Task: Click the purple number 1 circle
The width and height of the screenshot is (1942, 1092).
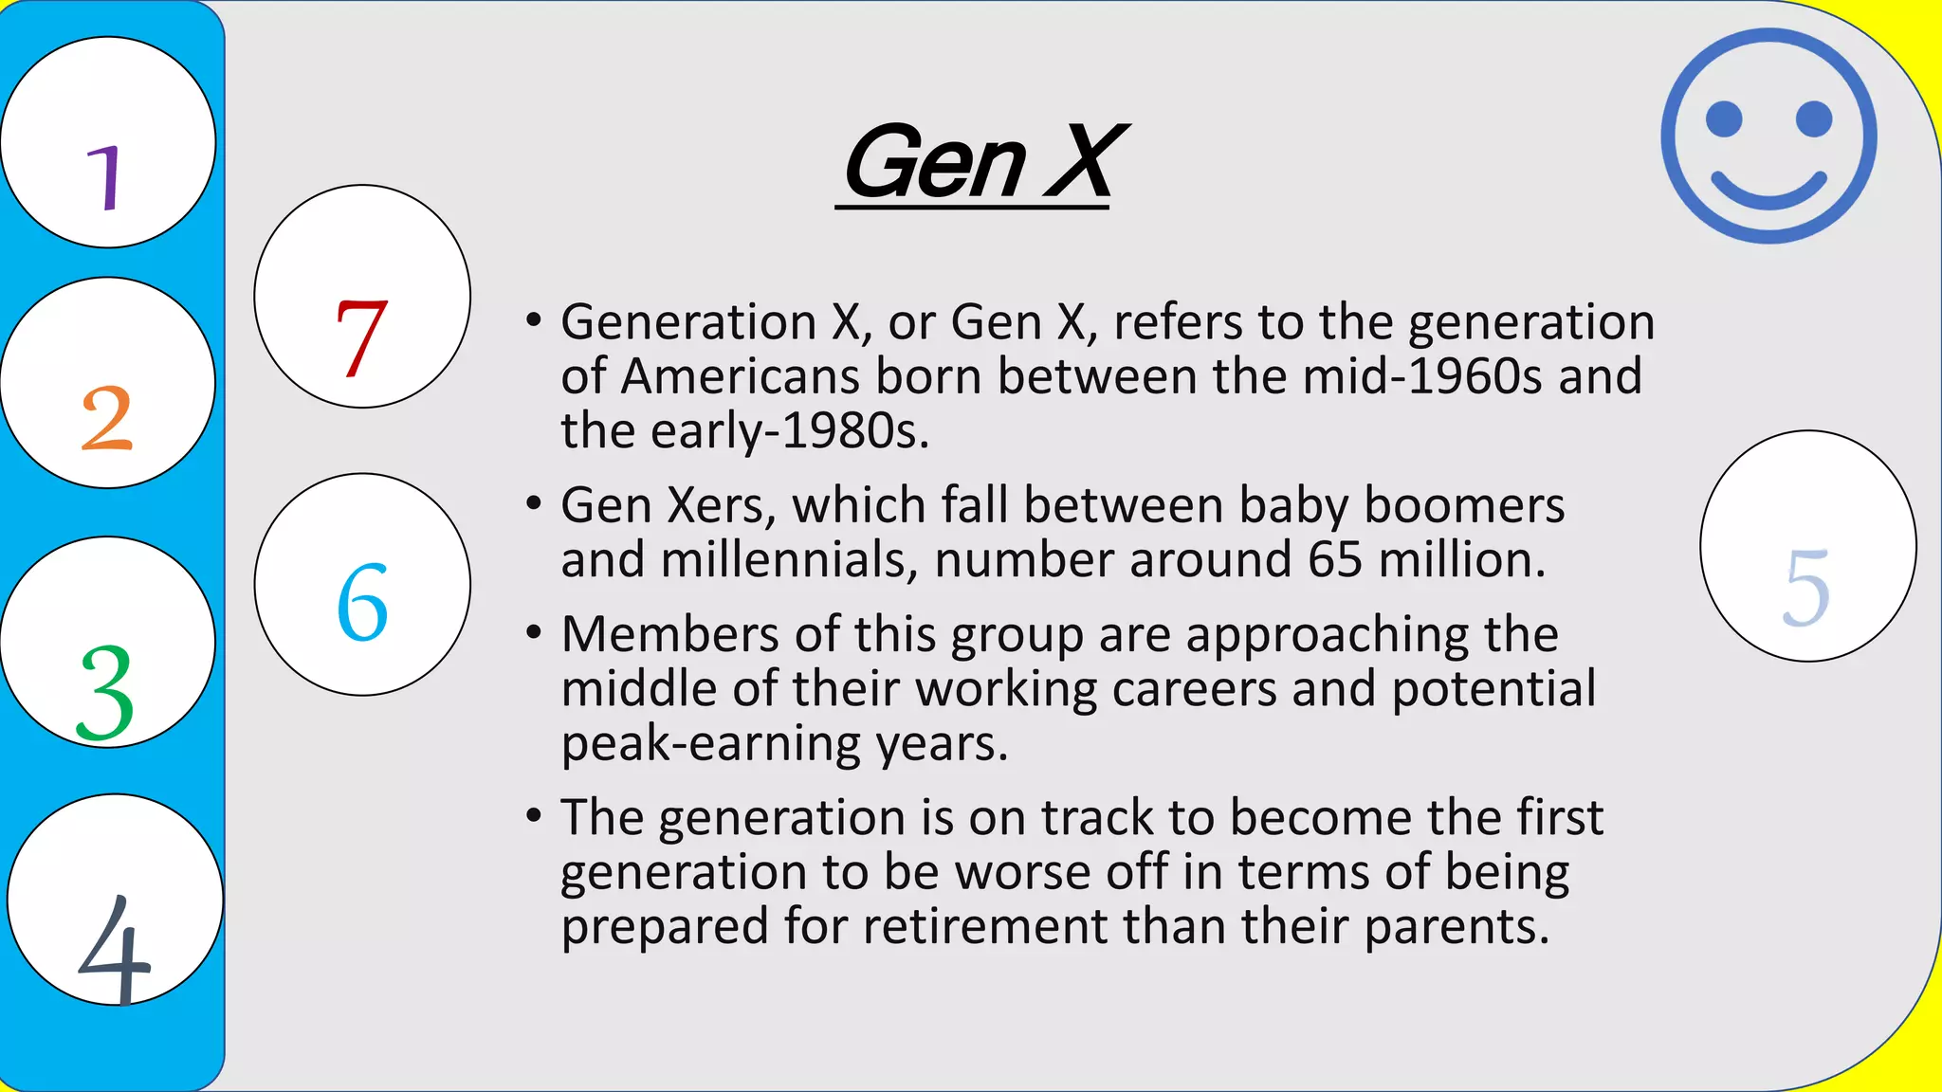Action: click(107, 142)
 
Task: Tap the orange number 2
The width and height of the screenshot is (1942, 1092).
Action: click(106, 418)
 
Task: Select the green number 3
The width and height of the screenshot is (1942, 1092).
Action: click(105, 692)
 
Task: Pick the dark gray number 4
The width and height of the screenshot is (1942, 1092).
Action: click(115, 949)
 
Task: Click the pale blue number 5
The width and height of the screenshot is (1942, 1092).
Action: click(1806, 588)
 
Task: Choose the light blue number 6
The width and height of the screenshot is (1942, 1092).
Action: click(362, 602)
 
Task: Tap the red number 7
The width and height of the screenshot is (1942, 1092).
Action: click(361, 337)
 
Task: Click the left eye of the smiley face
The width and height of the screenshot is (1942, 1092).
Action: click(1724, 119)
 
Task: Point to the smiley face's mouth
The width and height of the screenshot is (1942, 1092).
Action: click(1768, 192)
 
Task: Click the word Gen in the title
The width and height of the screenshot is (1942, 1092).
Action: click(935, 163)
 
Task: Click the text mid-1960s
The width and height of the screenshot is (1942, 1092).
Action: click(1423, 376)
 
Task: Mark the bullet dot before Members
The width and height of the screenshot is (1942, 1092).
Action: click(534, 632)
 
